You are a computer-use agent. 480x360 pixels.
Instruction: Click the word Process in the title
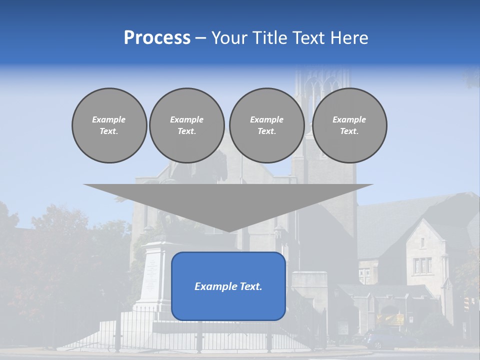157,38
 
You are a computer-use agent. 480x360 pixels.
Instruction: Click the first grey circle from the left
109,125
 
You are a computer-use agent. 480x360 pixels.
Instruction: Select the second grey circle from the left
186,125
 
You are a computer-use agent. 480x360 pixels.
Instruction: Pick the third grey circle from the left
266,125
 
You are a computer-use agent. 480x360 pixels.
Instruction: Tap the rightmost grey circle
349,125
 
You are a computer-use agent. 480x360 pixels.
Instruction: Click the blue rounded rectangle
228,300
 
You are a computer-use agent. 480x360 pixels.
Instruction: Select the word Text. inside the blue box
251,286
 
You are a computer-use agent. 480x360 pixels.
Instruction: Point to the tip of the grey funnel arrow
228,231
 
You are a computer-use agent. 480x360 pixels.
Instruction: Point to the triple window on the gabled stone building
422,265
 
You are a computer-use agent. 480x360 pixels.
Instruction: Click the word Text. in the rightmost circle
349,131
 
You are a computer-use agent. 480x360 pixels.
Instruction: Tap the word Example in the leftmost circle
109,119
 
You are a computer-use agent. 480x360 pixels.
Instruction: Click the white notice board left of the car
343,328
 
